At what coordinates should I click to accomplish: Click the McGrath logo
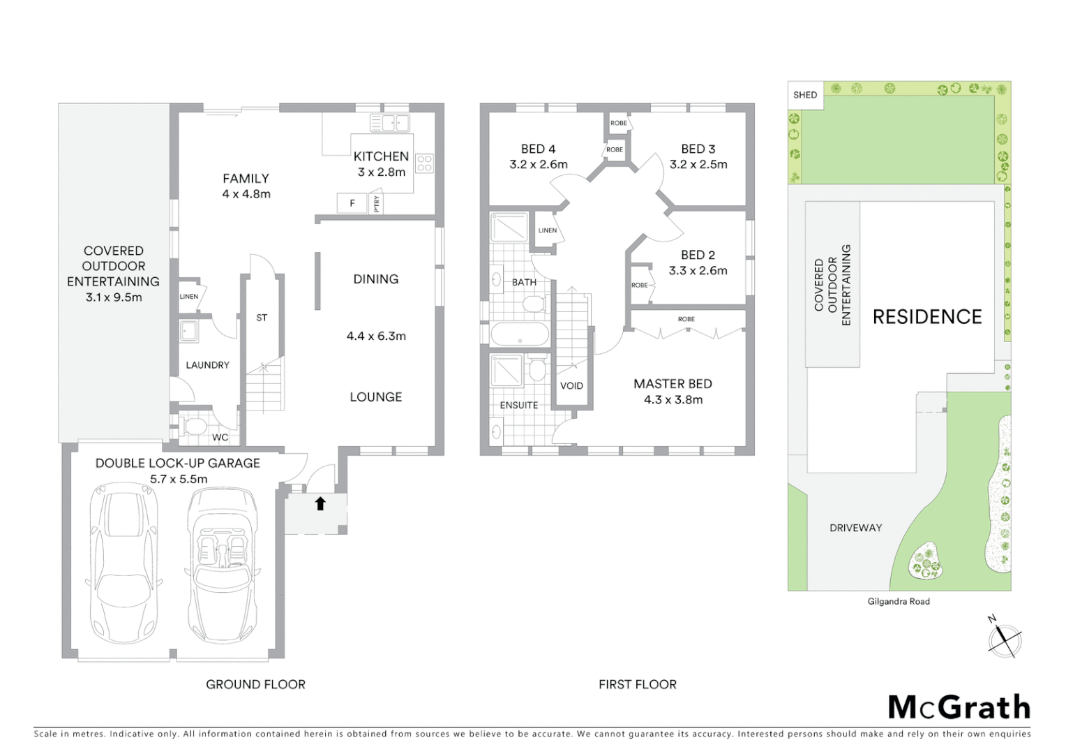point(959,707)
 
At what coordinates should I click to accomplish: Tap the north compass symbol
point(1005,639)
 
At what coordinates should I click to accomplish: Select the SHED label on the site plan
point(805,95)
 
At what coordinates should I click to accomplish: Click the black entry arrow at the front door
point(320,503)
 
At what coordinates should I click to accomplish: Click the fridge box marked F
point(352,203)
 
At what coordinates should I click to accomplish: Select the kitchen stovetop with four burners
point(425,163)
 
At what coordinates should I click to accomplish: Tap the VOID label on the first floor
point(571,385)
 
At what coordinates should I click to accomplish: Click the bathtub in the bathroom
point(520,334)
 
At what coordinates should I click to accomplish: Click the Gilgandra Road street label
point(899,601)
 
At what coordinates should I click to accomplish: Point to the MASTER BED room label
point(673,384)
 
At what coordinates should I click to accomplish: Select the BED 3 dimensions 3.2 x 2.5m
point(698,165)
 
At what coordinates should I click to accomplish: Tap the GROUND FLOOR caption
point(255,684)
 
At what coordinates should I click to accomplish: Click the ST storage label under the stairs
point(262,318)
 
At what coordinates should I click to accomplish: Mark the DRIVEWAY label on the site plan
point(855,528)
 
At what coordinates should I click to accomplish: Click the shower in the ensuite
point(507,371)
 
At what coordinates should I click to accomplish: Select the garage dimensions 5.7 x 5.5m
point(179,479)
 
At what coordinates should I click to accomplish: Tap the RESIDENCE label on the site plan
point(927,317)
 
